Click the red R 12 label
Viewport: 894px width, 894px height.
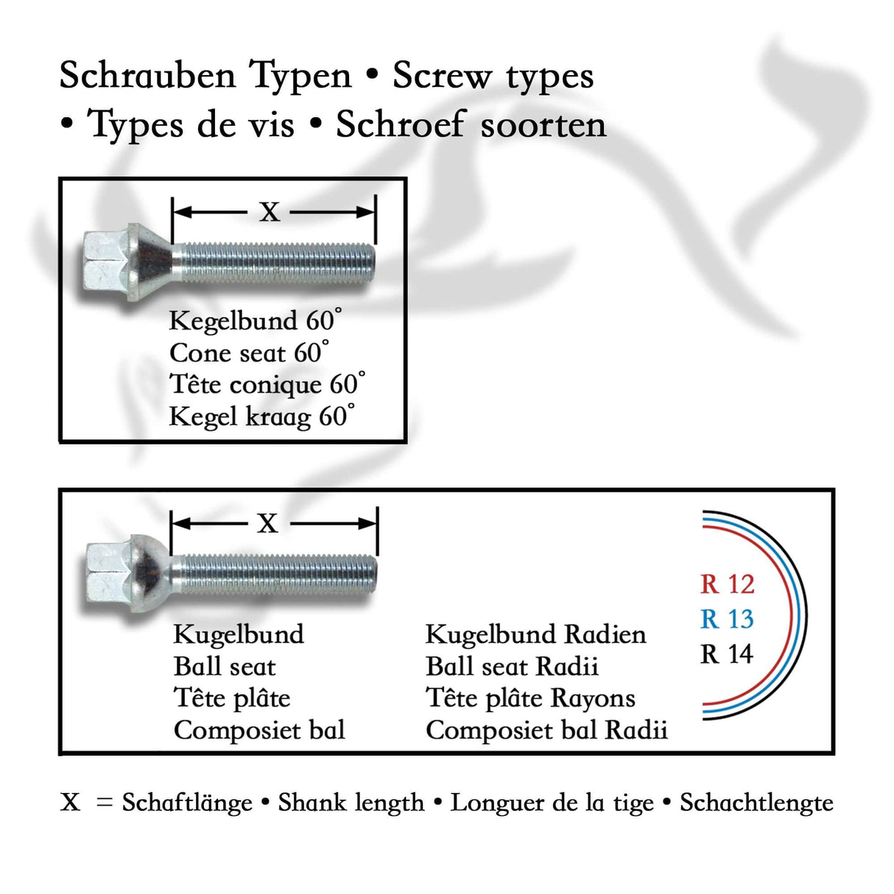[727, 585]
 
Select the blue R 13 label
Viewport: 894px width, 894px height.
[727, 619]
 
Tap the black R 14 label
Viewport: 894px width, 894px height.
[727, 654]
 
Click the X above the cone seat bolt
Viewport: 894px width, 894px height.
[270, 213]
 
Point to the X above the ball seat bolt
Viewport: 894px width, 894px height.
[268, 524]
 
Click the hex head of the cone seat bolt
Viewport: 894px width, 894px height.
[105, 263]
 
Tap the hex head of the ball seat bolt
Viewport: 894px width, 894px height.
[108, 574]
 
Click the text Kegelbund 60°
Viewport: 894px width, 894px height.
[255, 321]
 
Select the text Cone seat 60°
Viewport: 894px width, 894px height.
[249, 353]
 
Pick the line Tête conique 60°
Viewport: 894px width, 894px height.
[267, 384]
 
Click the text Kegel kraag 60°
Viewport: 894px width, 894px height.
[261, 417]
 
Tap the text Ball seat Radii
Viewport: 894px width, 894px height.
[512, 666]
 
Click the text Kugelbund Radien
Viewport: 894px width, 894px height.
[535, 635]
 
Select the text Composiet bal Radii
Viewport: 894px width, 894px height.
[546, 731]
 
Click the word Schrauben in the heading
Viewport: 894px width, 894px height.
[147, 76]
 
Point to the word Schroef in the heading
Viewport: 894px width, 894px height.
[401, 125]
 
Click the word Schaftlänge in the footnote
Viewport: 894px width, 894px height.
[187, 803]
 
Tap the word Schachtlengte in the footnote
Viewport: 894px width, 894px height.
[756, 803]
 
